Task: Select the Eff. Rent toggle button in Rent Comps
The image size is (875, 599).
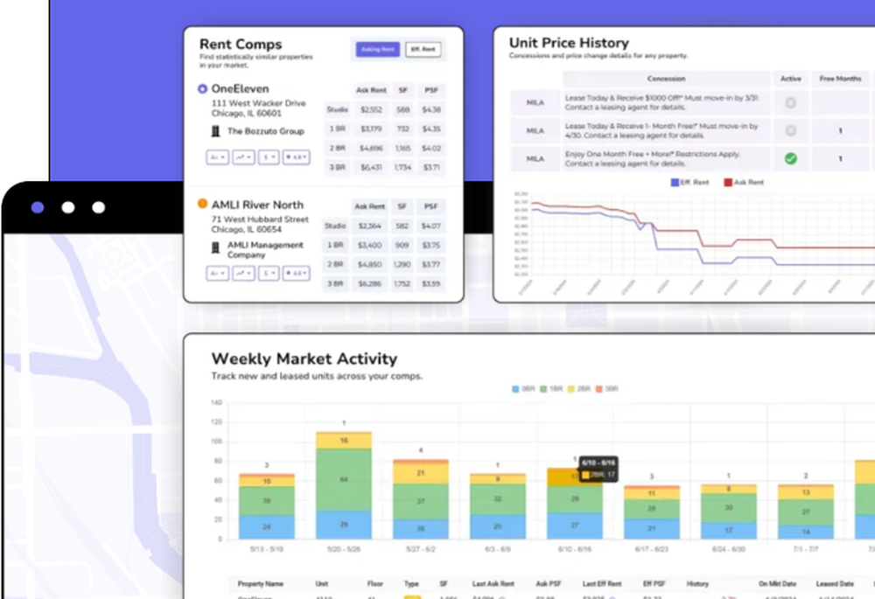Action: click(x=423, y=49)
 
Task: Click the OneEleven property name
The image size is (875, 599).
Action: click(x=240, y=88)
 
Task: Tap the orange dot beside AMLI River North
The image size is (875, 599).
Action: click(x=203, y=205)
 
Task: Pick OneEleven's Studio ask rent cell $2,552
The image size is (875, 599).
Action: click(x=371, y=110)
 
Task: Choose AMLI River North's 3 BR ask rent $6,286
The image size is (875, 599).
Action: click(x=371, y=283)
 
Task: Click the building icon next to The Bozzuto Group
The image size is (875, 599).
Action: click(x=216, y=131)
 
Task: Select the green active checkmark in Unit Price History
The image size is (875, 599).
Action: click(x=790, y=158)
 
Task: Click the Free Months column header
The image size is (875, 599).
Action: click(x=840, y=79)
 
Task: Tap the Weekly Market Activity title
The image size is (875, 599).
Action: click(x=304, y=359)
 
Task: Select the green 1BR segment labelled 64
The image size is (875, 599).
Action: click(x=343, y=479)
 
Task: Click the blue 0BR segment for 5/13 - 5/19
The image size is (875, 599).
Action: click(x=267, y=526)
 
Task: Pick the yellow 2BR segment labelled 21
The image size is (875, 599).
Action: click(x=420, y=473)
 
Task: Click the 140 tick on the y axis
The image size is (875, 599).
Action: click(x=216, y=402)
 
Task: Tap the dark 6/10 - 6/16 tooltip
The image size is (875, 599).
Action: click(x=598, y=469)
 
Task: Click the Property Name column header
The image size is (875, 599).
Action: click(x=260, y=583)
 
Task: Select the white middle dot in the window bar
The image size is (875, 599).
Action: click(x=67, y=207)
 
